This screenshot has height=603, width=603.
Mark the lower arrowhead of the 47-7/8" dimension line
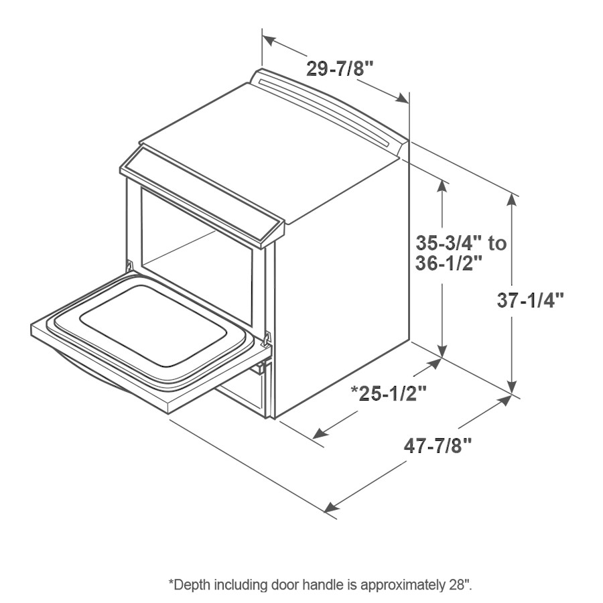[x=330, y=509]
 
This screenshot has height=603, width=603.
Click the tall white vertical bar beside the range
[x=421, y=258]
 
